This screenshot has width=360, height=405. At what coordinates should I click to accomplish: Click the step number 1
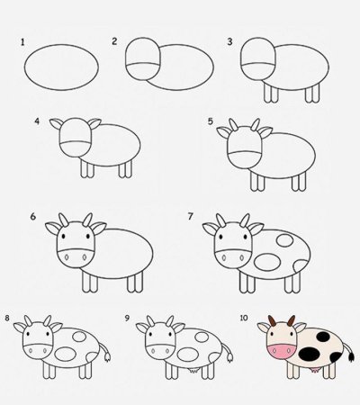click(22, 41)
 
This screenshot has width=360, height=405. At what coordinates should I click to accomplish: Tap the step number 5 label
click(210, 121)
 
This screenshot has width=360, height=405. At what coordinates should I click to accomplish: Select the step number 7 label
click(191, 217)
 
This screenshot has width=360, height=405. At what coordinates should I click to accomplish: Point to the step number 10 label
click(245, 318)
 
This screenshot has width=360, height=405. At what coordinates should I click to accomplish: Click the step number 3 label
click(230, 41)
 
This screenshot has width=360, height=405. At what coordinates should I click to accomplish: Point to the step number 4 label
click(37, 121)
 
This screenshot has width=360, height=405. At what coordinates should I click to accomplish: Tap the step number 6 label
click(32, 217)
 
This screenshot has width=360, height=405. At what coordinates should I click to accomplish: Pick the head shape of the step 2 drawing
click(143, 62)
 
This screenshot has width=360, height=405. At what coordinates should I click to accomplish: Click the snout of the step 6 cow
click(76, 256)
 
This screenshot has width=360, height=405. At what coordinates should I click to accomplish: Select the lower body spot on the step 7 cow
click(268, 262)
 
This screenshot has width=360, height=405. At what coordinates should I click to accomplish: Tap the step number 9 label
click(128, 318)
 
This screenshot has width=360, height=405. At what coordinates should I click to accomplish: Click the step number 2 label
click(115, 41)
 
